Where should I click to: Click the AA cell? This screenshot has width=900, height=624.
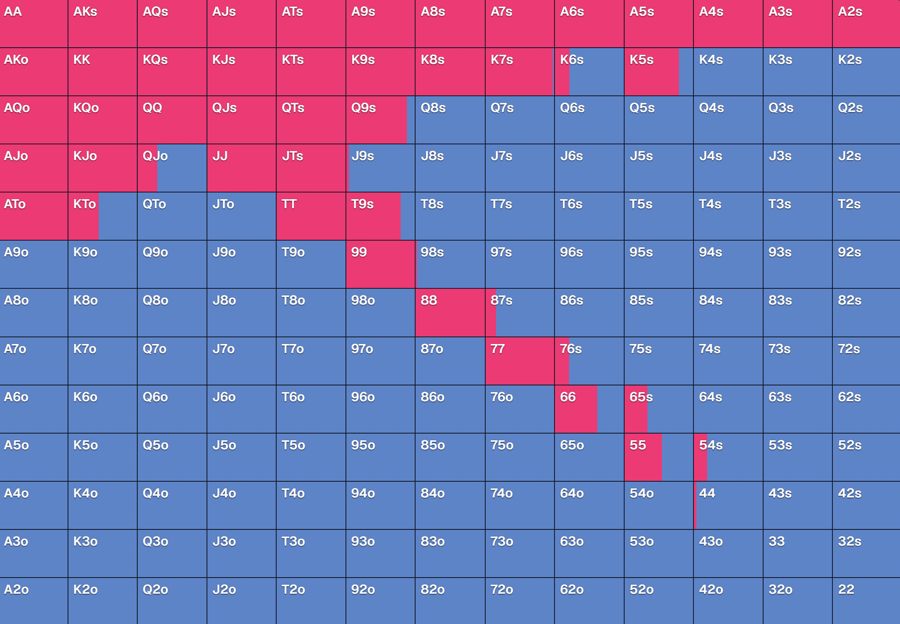coord(34,23)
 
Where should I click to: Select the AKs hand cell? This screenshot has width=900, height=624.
coord(103,23)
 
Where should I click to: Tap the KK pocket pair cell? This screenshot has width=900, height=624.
coord(103,72)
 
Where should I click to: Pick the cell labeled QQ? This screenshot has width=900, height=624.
coord(172,120)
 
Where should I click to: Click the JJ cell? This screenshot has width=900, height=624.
coord(242,168)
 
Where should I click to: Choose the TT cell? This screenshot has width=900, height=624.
coord(311,216)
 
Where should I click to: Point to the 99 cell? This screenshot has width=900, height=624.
coord(381,264)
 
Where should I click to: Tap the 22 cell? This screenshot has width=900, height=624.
coord(866,601)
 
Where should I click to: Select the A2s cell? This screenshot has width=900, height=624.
coord(866,23)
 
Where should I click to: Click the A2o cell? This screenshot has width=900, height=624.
coord(34,601)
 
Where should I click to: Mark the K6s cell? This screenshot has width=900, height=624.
coord(589,72)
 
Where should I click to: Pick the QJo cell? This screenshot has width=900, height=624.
coord(172,168)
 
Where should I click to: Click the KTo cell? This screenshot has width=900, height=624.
coord(103,216)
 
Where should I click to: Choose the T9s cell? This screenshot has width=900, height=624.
coord(381,216)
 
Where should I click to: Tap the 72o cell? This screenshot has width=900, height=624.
coord(520,601)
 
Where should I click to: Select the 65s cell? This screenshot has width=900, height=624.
coord(659,409)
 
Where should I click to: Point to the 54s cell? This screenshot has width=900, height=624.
coord(728,457)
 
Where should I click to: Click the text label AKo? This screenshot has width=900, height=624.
coord(16,60)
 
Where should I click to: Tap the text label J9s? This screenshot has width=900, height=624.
coord(363,156)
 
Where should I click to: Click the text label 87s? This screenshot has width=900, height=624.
coord(501,300)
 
